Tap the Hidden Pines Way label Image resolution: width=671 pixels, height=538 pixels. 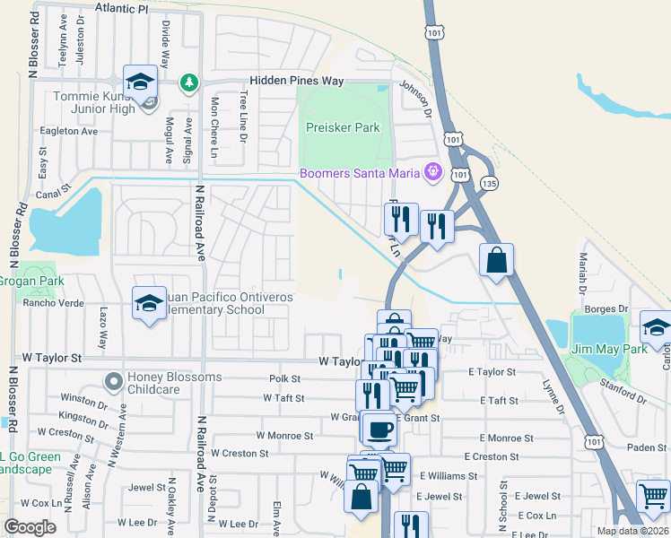click(x=297, y=81)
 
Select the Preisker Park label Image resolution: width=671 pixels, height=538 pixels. click(x=343, y=127)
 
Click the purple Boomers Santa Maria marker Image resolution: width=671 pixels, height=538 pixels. click(x=432, y=169)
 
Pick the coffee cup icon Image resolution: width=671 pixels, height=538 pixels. click(x=379, y=429)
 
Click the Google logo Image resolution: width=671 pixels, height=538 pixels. click(x=30, y=527)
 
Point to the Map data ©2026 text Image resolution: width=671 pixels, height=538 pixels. click(x=632, y=531)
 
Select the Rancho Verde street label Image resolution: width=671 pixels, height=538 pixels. click(x=53, y=303)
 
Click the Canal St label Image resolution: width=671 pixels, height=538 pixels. click(x=53, y=190)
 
